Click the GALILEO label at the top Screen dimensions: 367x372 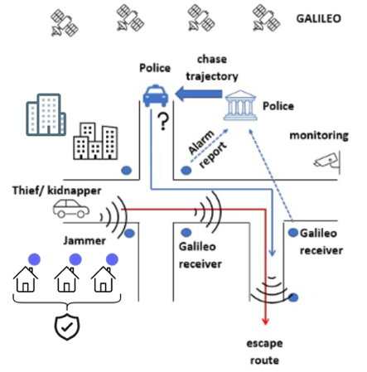click(318, 18)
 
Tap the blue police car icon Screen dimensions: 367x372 click(156, 95)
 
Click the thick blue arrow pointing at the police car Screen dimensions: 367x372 click(199, 94)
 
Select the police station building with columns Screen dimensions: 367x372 click(240, 105)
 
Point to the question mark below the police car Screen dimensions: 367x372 click(163, 122)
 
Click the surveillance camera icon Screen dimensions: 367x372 click(327, 162)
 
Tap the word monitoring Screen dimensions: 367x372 click(319, 136)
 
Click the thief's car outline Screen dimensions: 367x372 click(71, 209)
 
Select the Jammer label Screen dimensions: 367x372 click(85, 240)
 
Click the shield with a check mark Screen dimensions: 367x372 click(67, 327)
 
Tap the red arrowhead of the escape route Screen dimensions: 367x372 click(265, 321)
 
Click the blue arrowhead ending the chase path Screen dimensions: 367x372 click(273, 253)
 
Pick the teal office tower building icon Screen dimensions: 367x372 click(46, 114)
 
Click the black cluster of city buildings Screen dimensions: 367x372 click(95, 141)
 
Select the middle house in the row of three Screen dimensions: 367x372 click(66, 279)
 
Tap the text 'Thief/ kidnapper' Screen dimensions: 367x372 click(56, 191)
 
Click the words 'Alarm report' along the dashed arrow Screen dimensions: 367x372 click(207, 148)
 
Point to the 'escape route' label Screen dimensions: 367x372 click(264, 351)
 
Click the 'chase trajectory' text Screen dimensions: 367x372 click(212, 68)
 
